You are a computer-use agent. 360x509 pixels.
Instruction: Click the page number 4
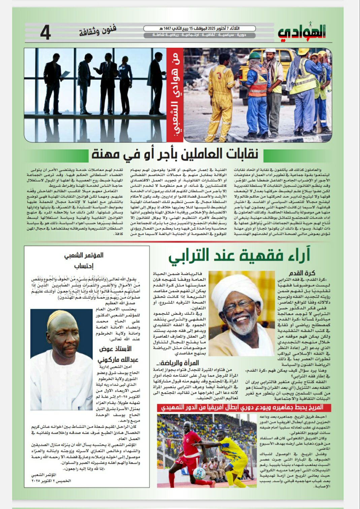pyautogui.click(x=45, y=33)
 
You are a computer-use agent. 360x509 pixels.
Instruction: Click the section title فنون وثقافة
pyautogui.click(x=98, y=31)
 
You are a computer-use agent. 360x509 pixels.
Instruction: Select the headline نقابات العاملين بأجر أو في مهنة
pyautogui.click(x=175, y=154)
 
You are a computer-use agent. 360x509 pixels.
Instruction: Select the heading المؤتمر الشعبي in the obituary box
pyautogui.click(x=84, y=256)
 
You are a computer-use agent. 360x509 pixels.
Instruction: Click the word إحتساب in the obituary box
pyautogui.click(x=84, y=266)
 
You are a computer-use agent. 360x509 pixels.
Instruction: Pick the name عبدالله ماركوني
pyautogui.click(x=113, y=360)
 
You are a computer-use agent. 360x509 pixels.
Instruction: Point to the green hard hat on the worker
pyautogui.click(x=255, y=55)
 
